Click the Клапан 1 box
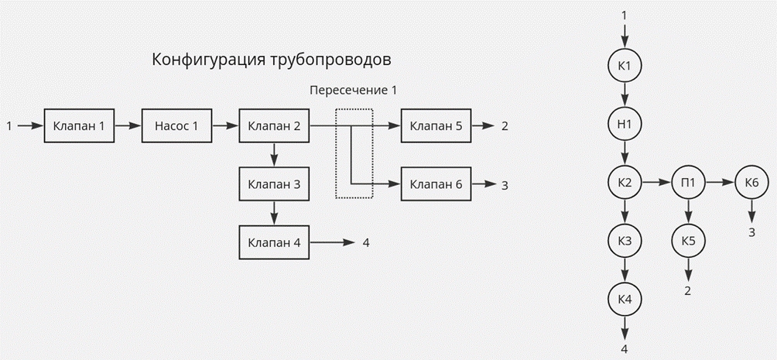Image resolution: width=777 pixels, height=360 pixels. pos(79,126)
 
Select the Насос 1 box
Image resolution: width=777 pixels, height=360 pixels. pos(176,126)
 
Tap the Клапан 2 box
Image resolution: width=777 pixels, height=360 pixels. pos(274,126)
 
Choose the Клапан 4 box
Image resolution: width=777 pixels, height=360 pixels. pos(274,242)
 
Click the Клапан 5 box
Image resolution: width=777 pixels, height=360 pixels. pos(436,126)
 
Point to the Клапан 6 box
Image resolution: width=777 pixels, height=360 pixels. pos(436,184)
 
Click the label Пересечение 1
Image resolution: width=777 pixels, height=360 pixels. pos(353,91)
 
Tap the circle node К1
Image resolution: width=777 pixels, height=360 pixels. pos(625,66)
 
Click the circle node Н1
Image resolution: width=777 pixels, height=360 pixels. pos(625,124)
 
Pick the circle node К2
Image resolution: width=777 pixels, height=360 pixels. pos(625,183)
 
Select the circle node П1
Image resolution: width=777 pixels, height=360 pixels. pos(688,183)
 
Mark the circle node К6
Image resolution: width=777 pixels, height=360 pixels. pos(751,183)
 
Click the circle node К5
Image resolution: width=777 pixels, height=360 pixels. pos(688,241)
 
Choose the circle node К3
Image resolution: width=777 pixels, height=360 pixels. pos(625,241)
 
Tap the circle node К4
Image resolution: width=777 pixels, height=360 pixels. pos(625,300)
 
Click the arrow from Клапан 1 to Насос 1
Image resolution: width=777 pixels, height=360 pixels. pos(128,126)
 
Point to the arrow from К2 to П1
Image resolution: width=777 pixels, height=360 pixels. pos(656,183)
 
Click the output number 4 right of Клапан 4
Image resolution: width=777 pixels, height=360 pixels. pos(366,243)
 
